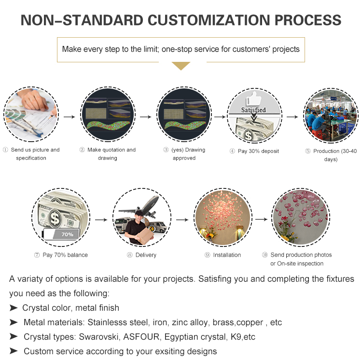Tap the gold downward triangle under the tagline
pyautogui.click(x=181, y=66)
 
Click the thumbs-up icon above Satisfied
pyautogui.click(x=254, y=99)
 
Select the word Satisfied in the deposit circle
pyautogui.click(x=253, y=110)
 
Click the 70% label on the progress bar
pyautogui.click(x=67, y=234)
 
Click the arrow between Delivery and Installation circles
pyautogui.click(x=182, y=219)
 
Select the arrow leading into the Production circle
pyautogui.click(x=292, y=117)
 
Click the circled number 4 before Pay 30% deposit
pyautogui.click(x=232, y=151)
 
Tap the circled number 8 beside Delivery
pyautogui.click(x=129, y=255)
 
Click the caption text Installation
pyautogui.click(x=227, y=255)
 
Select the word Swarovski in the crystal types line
pyautogui.click(x=99, y=337)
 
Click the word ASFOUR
pyautogui.click(x=141, y=337)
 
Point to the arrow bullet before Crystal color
pyautogui.click(x=14, y=308)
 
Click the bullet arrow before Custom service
pyautogui.click(x=14, y=351)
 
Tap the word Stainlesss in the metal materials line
pyautogui.click(x=107, y=322)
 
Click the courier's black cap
pyautogui.click(x=139, y=213)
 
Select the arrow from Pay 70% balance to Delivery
pyautogui.click(x=101, y=219)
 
